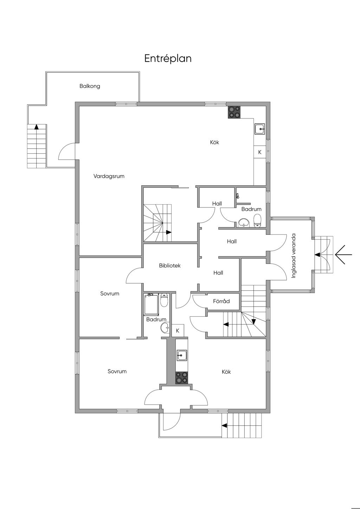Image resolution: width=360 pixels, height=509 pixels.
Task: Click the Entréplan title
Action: (168, 58)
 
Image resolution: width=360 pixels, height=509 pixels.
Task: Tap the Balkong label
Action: (90, 86)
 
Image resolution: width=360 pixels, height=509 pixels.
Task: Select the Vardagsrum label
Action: (109, 176)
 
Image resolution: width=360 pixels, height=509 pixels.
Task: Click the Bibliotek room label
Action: (170, 265)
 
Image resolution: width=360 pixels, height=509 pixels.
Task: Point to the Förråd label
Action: (221, 301)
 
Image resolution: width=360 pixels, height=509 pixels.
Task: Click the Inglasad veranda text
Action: (294, 256)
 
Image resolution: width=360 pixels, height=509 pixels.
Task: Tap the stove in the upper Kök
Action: (234, 112)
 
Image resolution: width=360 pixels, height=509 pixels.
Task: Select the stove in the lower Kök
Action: (182, 378)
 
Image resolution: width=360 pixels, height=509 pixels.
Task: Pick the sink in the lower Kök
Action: (182, 355)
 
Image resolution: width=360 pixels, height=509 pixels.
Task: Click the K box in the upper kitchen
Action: (260, 152)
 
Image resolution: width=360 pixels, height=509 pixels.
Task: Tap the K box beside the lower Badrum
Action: (178, 331)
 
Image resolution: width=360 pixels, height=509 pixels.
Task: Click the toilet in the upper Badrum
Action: (257, 220)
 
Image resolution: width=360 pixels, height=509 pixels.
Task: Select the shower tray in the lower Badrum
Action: (151, 304)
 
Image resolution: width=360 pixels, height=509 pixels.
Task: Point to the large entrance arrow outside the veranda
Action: (343, 254)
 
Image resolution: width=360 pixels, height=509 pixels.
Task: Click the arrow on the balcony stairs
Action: (36, 127)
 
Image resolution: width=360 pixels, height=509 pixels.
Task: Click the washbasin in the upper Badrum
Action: (244, 223)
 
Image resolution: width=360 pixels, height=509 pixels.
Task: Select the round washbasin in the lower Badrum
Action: (165, 328)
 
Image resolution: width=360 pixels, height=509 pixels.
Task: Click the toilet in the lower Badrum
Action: (164, 300)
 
